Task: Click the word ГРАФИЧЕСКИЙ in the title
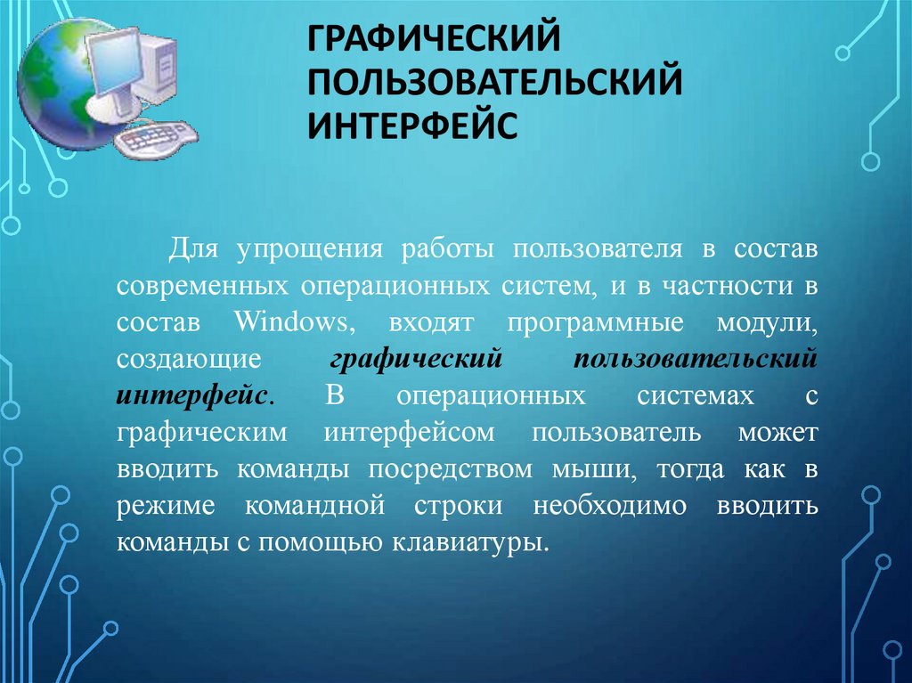click(434, 40)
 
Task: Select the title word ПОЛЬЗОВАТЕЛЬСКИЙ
click(495, 82)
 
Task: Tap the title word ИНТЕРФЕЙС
click(413, 125)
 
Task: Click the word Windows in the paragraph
click(287, 321)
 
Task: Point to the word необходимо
click(622, 505)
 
